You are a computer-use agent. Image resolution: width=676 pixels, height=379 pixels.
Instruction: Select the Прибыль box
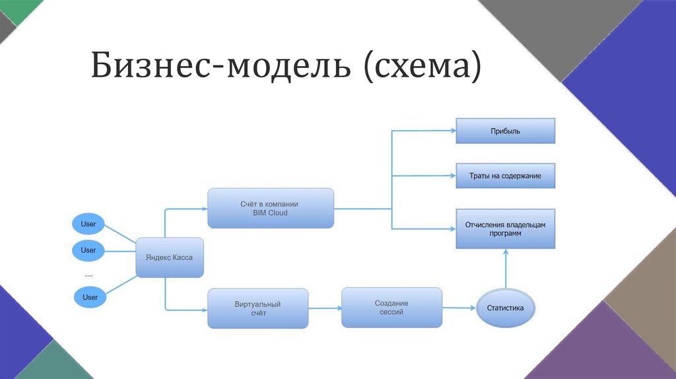pos(505,131)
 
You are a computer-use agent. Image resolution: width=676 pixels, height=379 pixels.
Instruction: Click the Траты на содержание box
pos(505,176)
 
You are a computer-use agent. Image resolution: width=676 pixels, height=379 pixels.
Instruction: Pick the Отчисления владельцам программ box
pos(505,229)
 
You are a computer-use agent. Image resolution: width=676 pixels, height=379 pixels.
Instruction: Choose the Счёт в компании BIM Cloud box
pos(271,208)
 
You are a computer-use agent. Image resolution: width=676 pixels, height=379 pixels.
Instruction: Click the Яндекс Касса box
pos(169,258)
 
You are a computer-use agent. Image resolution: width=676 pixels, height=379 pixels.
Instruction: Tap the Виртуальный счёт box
pos(257,308)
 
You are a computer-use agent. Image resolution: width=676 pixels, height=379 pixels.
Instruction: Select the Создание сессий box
pos(391,307)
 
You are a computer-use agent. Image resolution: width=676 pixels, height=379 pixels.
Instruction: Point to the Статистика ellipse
pos(506,308)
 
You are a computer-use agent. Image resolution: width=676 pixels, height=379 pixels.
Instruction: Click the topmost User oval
pos(88,224)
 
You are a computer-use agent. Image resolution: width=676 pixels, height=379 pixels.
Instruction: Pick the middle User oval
pos(88,250)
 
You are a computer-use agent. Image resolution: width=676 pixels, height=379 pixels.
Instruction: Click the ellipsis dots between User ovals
pos(89,273)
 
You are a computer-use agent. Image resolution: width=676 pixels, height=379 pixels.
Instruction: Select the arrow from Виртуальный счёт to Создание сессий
pos(325,308)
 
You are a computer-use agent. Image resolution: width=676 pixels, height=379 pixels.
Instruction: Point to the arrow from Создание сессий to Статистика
pos(459,308)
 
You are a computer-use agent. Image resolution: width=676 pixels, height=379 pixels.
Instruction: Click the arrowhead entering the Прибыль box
pos(452,131)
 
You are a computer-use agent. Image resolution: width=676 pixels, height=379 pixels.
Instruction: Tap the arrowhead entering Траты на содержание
pos(452,176)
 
